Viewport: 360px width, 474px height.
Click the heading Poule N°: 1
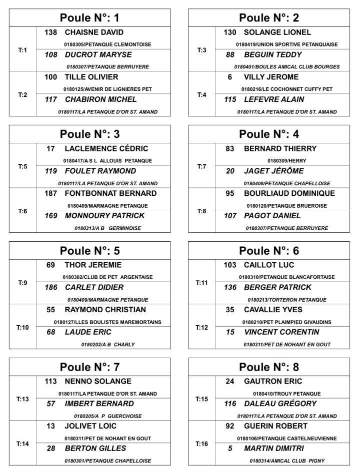click(x=89, y=18)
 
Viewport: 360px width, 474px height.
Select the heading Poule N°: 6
click(x=269, y=251)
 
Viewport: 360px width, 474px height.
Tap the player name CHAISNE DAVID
click(x=94, y=32)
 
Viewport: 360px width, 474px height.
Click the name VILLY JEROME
click(x=271, y=77)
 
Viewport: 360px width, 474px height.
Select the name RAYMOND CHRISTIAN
click(x=105, y=310)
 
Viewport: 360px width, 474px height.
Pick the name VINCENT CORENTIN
click(x=281, y=332)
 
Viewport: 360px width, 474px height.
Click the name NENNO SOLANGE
click(x=98, y=382)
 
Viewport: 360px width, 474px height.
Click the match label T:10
click(x=22, y=328)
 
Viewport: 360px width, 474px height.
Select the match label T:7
click(x=201, y=167)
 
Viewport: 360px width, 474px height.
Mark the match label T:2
click(x=22, y=95)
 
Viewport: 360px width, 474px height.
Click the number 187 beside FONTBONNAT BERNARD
click(x=50, y=194)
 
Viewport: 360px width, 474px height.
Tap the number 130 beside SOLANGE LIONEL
click(x=230, y=32)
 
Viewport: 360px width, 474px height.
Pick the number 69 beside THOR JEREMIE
click(x=50, y=265)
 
